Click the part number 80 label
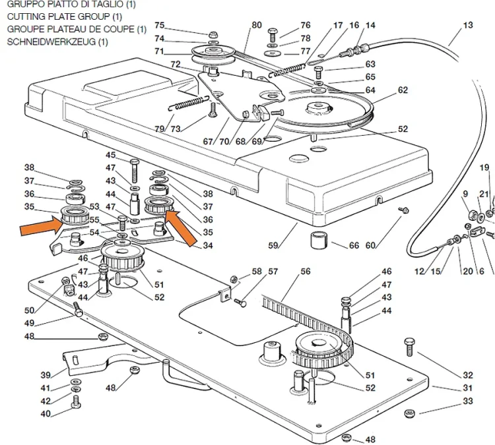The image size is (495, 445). (x=256, y=25)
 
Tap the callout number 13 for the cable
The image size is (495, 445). (x=468, y=25)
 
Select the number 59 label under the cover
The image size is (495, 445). (x=273, y=245)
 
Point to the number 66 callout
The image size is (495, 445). (x=354, y=245)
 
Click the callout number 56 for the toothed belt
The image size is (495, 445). (x=306, y=271)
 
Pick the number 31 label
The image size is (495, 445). (x=468, y=388)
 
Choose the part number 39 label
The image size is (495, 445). (x=46, y=375)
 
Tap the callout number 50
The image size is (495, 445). (x=29, y=311)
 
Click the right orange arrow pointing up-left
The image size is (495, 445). (x=181, y=227)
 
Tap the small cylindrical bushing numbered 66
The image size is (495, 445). (x=319, y=241)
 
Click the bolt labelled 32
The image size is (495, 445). (x=409, y=347)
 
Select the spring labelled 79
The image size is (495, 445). (x=189, y=103)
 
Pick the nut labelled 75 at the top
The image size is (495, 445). (x=213, y=34)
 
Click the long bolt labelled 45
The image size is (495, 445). (x=134, y=171)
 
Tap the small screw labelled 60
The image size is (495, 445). (x=404, y=210)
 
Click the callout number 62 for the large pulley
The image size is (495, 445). (x=403, y=90)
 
